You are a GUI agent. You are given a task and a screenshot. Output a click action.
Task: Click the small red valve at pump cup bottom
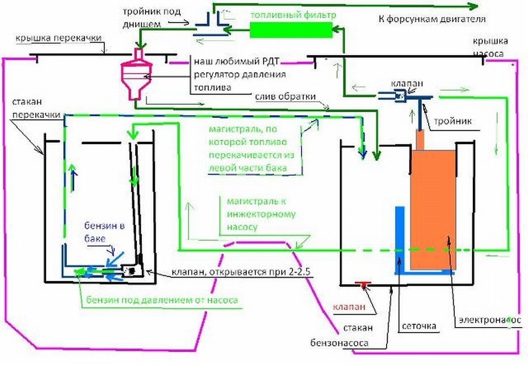pyautogui.click(x=361, y=283)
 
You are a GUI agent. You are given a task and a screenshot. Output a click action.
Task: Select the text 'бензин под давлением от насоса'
pyautogui.click(x=162, y=299)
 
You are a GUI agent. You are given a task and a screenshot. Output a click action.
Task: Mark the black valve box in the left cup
pyautogui.click(x=132, y=271)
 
